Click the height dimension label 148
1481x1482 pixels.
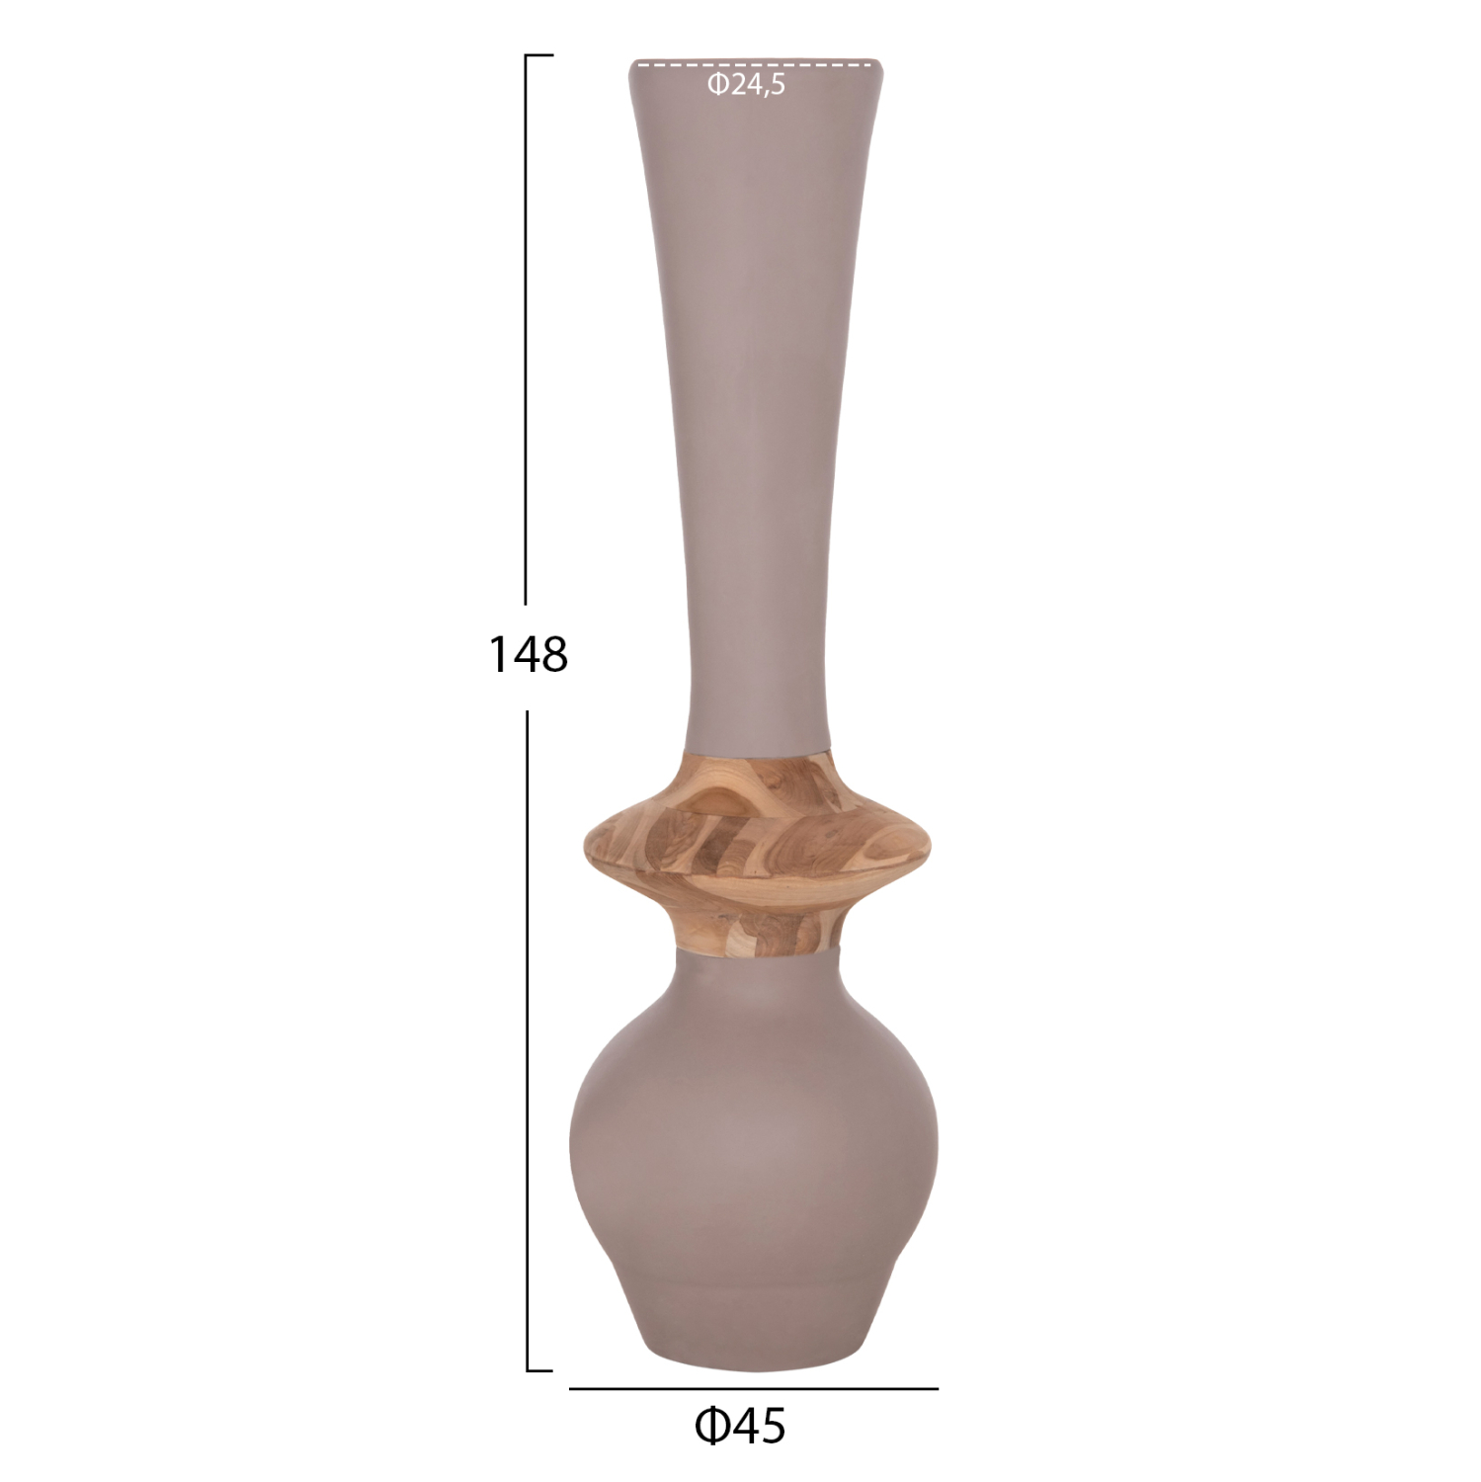pos(529,654)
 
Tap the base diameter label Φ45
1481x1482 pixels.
pos(740,1426)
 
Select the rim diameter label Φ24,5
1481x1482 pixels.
pos(746,86)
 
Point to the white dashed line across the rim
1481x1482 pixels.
pos(755,65)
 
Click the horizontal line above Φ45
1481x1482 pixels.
pos(754,1388)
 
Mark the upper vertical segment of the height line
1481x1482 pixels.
pos(527,329)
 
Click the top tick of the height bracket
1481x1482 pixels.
pos(538,56)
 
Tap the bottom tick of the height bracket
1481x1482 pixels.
pos(539,1370)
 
